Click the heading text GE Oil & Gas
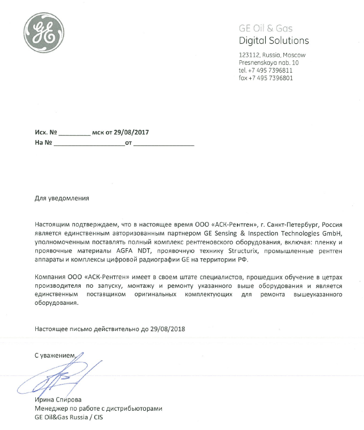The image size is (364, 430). point(265,28)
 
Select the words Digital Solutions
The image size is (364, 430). point(273,41)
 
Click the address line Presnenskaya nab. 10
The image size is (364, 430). point(268,63)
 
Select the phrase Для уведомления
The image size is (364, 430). point(62,198)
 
